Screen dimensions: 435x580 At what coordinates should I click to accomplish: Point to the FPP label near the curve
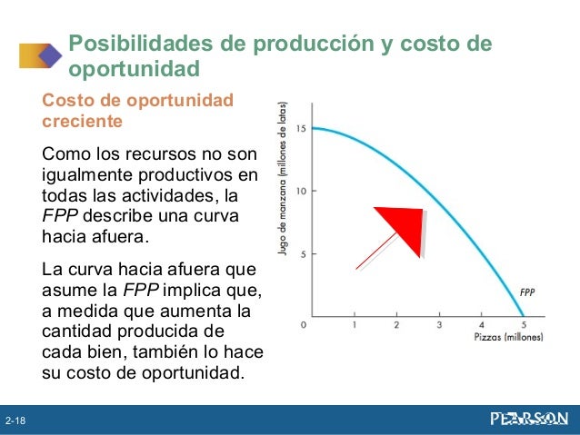[528, 292]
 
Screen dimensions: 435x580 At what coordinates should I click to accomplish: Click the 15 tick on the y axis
[298, 128]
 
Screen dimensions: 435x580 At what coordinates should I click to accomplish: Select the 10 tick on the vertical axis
[298, 191]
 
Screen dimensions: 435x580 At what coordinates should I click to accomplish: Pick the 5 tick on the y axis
[301, 253]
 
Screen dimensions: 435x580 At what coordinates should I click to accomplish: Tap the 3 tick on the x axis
[439, 325]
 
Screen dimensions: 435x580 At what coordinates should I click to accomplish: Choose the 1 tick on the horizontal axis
[354, 325]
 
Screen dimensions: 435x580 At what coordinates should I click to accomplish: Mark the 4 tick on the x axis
[482, 325]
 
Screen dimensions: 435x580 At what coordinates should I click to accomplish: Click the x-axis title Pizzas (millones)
[508, 338]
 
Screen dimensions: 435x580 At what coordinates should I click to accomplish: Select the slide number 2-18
[15, 421]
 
